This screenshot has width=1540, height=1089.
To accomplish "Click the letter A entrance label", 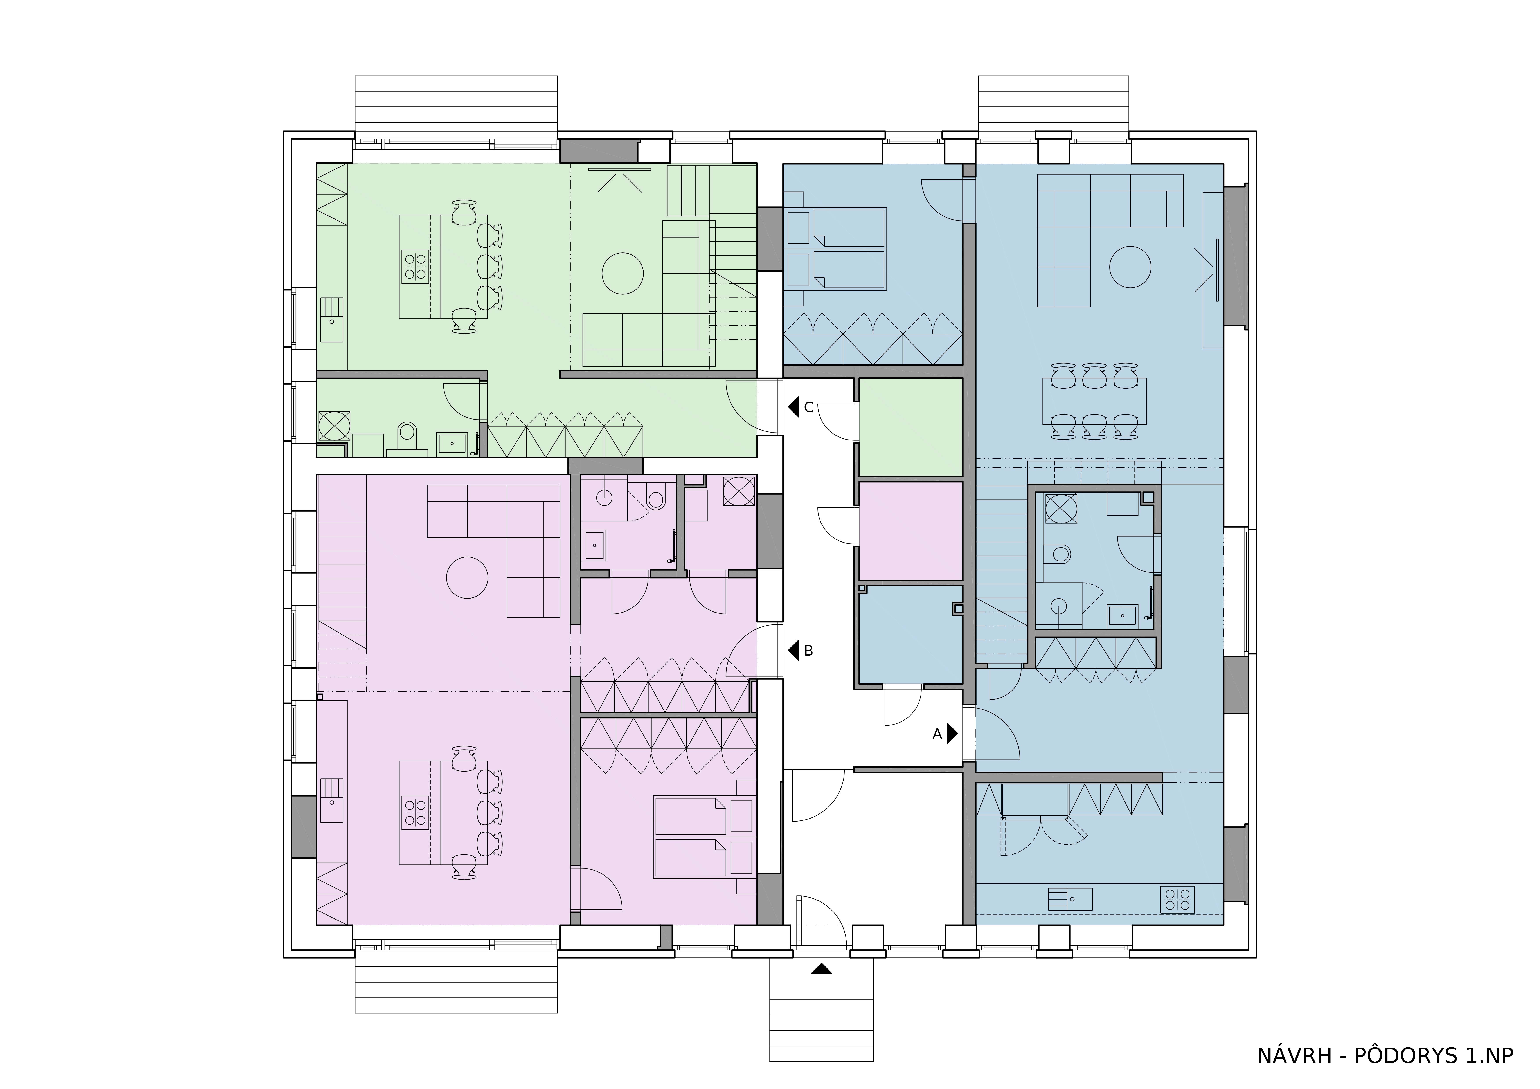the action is point(937,735).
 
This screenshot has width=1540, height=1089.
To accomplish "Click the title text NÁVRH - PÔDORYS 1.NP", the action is point(1385,1055).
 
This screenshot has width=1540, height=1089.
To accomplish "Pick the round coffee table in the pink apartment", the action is point(467,577).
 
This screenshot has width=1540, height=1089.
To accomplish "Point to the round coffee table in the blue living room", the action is point(1130,267).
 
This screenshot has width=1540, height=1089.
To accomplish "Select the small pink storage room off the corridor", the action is point(911,530).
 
